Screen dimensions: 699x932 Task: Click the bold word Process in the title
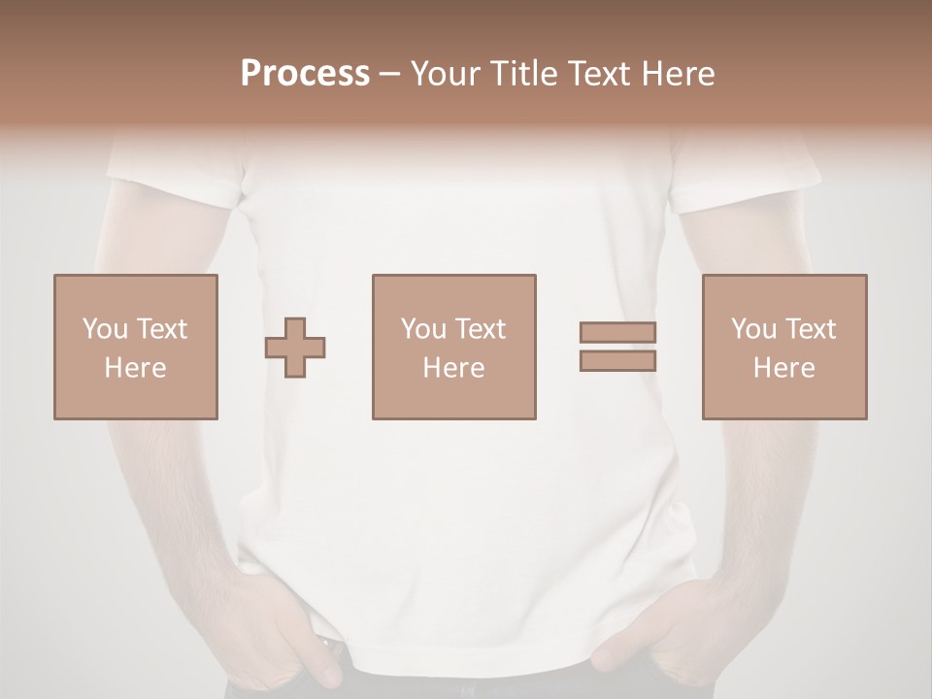click(x=305, y=73)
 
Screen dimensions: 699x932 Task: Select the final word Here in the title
click(x=678, y=73)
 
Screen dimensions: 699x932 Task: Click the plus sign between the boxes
click(x=295, y=348)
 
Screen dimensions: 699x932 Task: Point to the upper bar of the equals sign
click(x=617, y=332)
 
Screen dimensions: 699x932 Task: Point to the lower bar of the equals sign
click(x=617, y=361)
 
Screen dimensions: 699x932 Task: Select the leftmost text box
click(x=135, y=347)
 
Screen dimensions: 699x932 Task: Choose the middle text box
click(x=453, y=347)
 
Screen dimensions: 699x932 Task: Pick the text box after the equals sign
click(x=783, y=347)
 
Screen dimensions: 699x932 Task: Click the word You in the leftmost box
click(x=105, y=328)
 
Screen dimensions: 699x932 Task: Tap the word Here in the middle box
click(x=453, y=368)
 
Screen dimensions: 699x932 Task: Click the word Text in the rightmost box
click(x=811, y=328)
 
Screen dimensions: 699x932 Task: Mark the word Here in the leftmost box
click(x=135, y=368)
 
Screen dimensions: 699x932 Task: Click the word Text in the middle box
click(x=481, y=328)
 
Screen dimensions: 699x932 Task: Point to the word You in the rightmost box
click(x=753, y=328)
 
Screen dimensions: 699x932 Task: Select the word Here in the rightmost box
click(x=783, y=368)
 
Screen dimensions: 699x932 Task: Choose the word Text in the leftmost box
click(x=162, y=328)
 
